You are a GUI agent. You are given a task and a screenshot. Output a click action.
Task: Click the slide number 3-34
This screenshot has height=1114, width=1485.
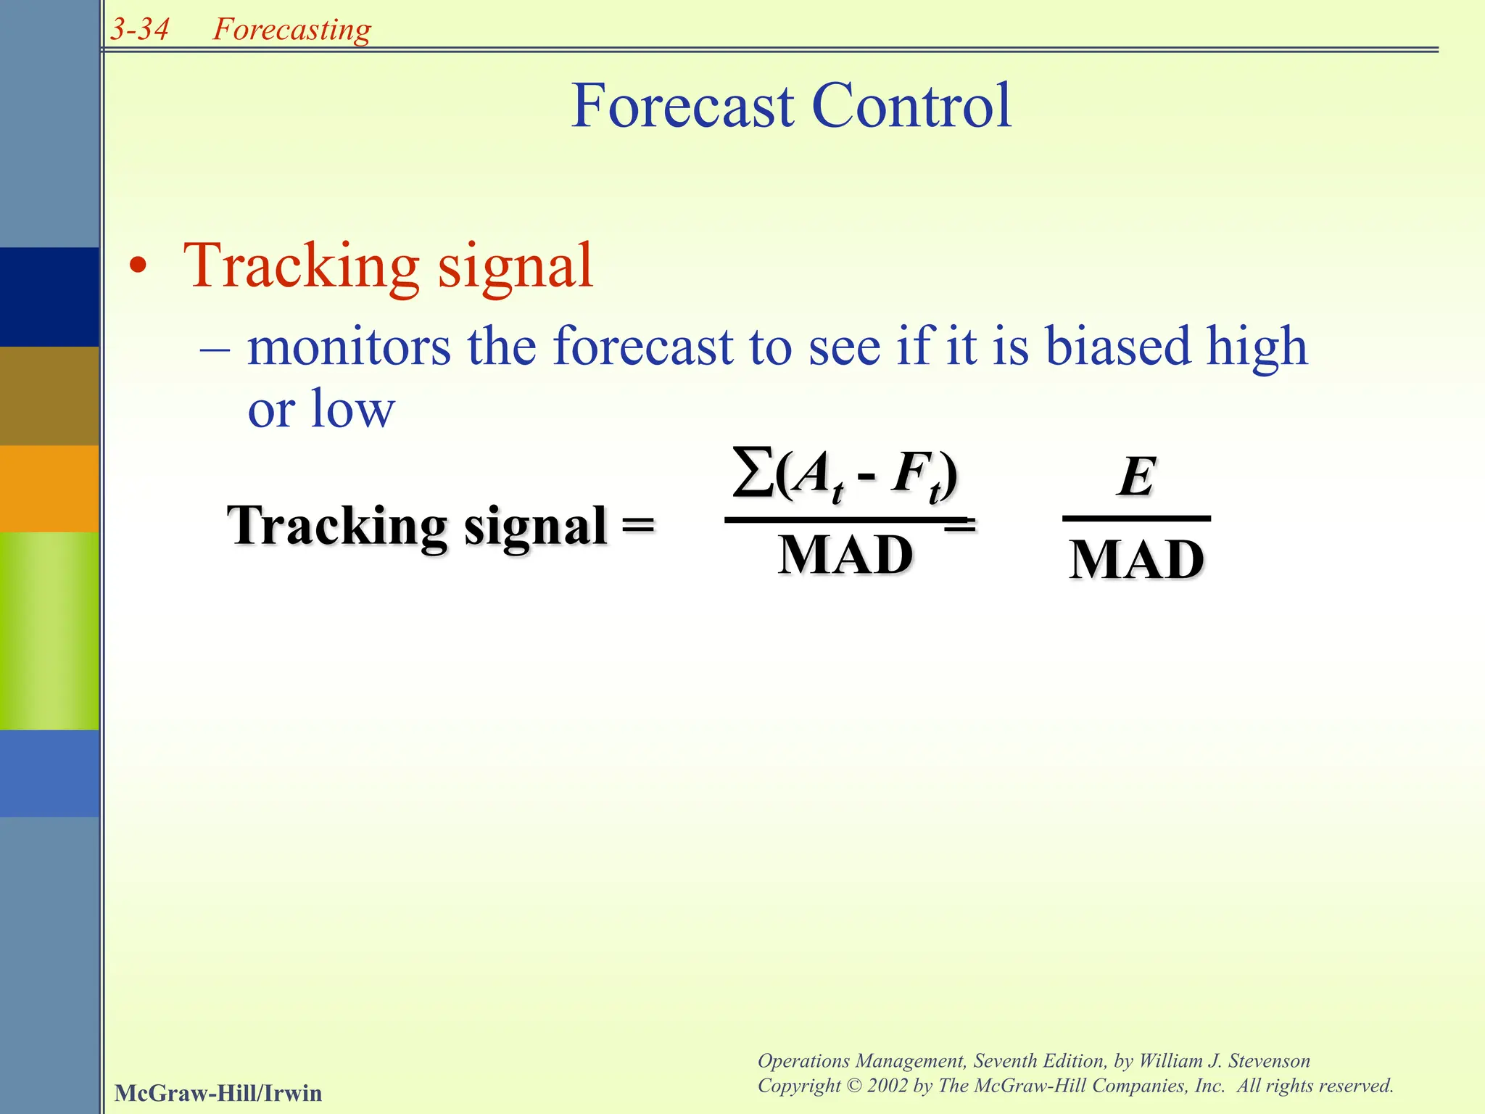coord(139,30)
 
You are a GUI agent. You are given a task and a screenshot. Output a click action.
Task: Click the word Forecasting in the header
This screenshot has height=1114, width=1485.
coord(291,30)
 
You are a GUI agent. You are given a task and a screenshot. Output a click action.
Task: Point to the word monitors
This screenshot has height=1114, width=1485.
coord(349,346)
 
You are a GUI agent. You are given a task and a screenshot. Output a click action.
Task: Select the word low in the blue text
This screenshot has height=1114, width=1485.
coord(352,409)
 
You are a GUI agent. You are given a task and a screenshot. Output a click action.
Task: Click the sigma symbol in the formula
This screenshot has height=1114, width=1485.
coord(753,473)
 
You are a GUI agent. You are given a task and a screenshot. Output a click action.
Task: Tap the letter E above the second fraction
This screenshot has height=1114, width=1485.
coord(1136,477)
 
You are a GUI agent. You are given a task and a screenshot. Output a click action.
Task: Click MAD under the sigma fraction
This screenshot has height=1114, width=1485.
coord(845,556)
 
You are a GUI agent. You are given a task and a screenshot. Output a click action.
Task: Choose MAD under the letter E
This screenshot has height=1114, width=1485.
coord(1136,561)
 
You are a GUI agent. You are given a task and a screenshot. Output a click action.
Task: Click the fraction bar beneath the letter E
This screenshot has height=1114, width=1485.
coord(1136,519)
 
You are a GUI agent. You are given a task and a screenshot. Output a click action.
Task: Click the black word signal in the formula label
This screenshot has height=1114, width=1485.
coord(535,526)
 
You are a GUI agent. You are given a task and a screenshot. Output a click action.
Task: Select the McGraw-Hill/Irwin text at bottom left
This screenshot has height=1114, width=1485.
coord(218,1093)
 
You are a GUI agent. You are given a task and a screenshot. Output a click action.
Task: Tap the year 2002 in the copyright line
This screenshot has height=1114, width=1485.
coord(888,1086)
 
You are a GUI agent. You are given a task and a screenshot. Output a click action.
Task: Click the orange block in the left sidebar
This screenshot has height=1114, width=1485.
coord(49,488)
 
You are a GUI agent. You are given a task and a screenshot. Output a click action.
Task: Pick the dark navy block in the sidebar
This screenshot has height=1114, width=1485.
coord(49,297)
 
